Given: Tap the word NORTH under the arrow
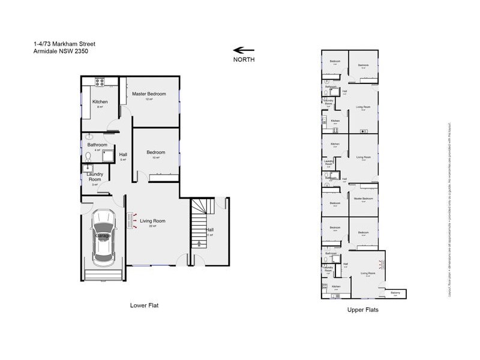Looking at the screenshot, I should pos(244,60).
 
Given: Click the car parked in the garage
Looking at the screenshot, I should pos(103,236).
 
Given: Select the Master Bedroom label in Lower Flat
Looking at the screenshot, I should pos(149,94).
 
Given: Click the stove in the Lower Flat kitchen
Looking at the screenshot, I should pos(98,81).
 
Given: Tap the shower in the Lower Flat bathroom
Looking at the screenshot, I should pos(109,157).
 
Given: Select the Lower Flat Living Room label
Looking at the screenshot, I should pos(152,221).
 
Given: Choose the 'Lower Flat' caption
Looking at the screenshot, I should pos(144,305).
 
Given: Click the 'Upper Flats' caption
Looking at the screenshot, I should pos(362,310).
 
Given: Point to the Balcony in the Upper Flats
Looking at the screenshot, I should pos(395,293).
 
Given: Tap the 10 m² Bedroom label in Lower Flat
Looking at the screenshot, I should pos(155,152).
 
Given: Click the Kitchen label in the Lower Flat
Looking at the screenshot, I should pos(100,101).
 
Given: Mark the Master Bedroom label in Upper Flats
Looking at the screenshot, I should pos(363,199).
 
